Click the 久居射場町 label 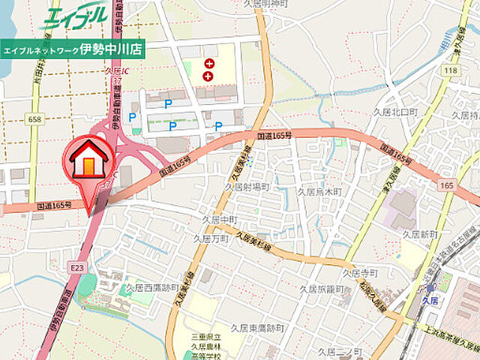pyautogui.click(x=247, y=186)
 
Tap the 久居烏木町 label pyautogui.click(x=319, y=192)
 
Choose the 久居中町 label pyautogui.click(x=220, y=219)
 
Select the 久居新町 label pyautogui.click(x=420, y=235)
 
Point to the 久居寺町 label pyautogui.click(x=361, y=274)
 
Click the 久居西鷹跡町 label pyautogui.click(x=152, y=287)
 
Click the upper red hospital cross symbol pyautogui.click(x=208, y=64)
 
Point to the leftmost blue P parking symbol pyautogui.click(x=133, y=117)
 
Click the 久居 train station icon pyautogui.click(x=430, y=288)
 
